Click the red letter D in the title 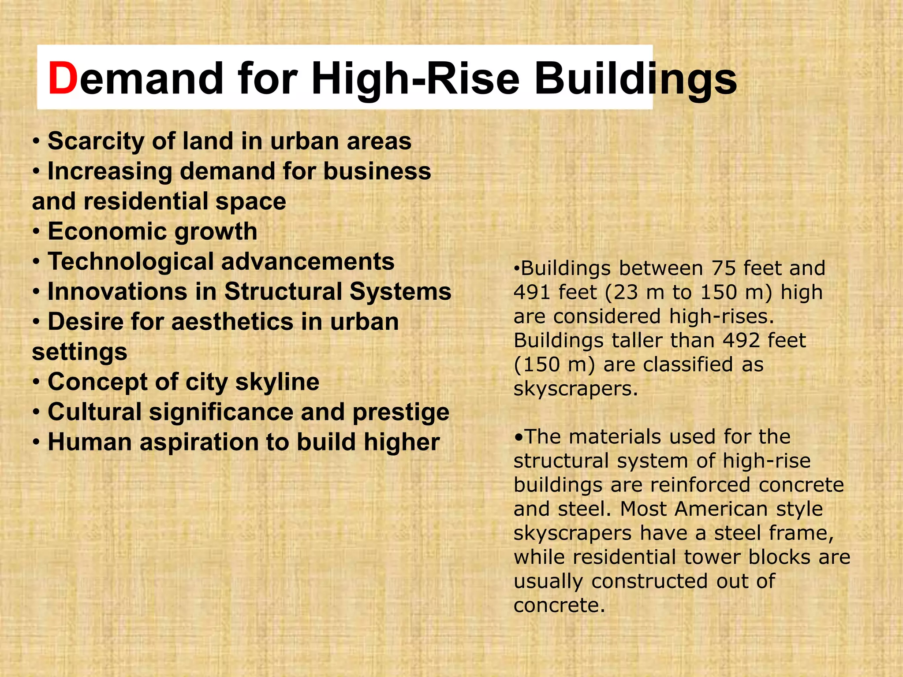[63, 78]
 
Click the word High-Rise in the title [416, 78]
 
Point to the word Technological [131, 262]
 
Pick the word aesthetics [232, 322]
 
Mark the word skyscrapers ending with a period [575, 389]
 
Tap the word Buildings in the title [635, 78]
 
